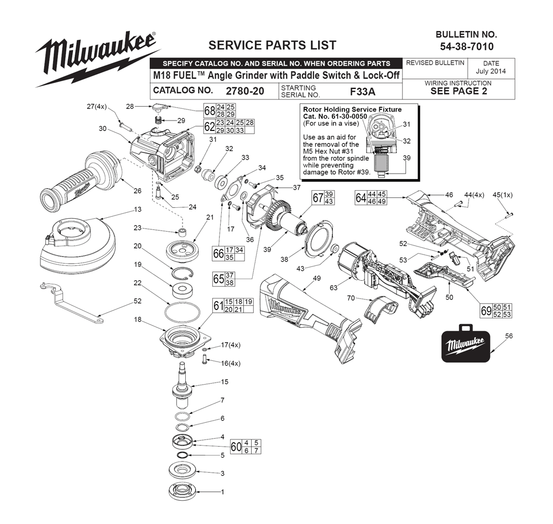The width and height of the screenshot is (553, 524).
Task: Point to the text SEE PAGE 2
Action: click(458, 92)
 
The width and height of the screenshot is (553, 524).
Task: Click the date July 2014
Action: click(491, 72)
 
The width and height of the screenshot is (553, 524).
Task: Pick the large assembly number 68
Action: click(210, 110)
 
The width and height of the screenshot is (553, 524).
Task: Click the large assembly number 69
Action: click(486, 311)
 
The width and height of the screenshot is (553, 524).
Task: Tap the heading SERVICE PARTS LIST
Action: click(272, 45)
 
